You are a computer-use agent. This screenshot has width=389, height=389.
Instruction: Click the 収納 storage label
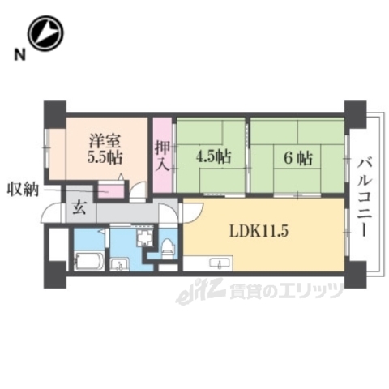click(x=24, y=190)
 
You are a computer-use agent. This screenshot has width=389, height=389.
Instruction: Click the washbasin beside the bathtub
click(x=119, y=263)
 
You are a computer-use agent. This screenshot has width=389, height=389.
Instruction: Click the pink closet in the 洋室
click(x=110, y=191)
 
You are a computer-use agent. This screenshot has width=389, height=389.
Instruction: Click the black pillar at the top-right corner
click(x=354, y=109)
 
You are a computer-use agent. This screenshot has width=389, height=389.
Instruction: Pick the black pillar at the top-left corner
click(x=54, y=109)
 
